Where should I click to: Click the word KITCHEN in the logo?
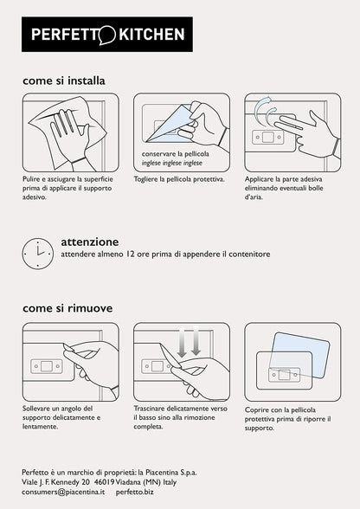152,35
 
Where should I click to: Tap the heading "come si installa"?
64,81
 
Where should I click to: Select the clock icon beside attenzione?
38,254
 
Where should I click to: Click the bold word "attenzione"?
90,242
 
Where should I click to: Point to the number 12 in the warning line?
129,254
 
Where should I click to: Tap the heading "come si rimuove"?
67,308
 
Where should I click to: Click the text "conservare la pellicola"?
176,153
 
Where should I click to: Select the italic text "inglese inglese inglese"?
172,163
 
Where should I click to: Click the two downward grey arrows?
190,341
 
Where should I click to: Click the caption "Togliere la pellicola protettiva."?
179,179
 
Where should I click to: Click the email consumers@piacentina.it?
63,492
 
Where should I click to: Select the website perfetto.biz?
135,492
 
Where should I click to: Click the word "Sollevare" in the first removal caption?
36,409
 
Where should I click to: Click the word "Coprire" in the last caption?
255,410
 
